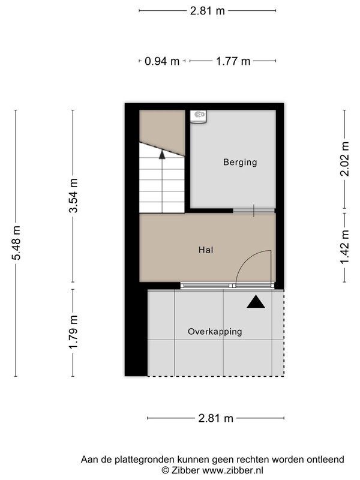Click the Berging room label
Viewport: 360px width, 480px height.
click(x=240, y=162)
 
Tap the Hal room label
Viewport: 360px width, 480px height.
click(x=206, y=250)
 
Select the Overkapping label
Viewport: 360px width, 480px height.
click(x=215, y=332)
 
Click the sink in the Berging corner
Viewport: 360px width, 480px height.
click(x=198, y=116)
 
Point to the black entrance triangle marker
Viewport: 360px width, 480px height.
click(x=256, y=302)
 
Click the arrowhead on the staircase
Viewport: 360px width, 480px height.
click(x=162, y=155)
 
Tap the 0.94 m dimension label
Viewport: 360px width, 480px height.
click(x=162, y=61)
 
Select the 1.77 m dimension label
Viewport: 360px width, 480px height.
click(x=233, y=61)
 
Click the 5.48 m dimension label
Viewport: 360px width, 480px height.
click(x=16, y=243)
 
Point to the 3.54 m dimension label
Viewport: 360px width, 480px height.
click(x=73, y=196)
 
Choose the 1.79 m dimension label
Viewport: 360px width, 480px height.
click(x=73, y=332)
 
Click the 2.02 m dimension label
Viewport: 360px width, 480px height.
click(x=344, y=158)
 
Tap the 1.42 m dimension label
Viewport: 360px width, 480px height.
click(x=344, y=247)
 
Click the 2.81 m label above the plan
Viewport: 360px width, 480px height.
click(x=207, y=11)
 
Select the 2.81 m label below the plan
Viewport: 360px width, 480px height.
click(x=216, y=418)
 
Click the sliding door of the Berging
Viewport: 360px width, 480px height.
click(x=254, y=211)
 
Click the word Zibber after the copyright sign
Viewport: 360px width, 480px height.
click(x=185, y=470)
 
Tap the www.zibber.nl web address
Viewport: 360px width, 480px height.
click(x=233, y=470)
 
